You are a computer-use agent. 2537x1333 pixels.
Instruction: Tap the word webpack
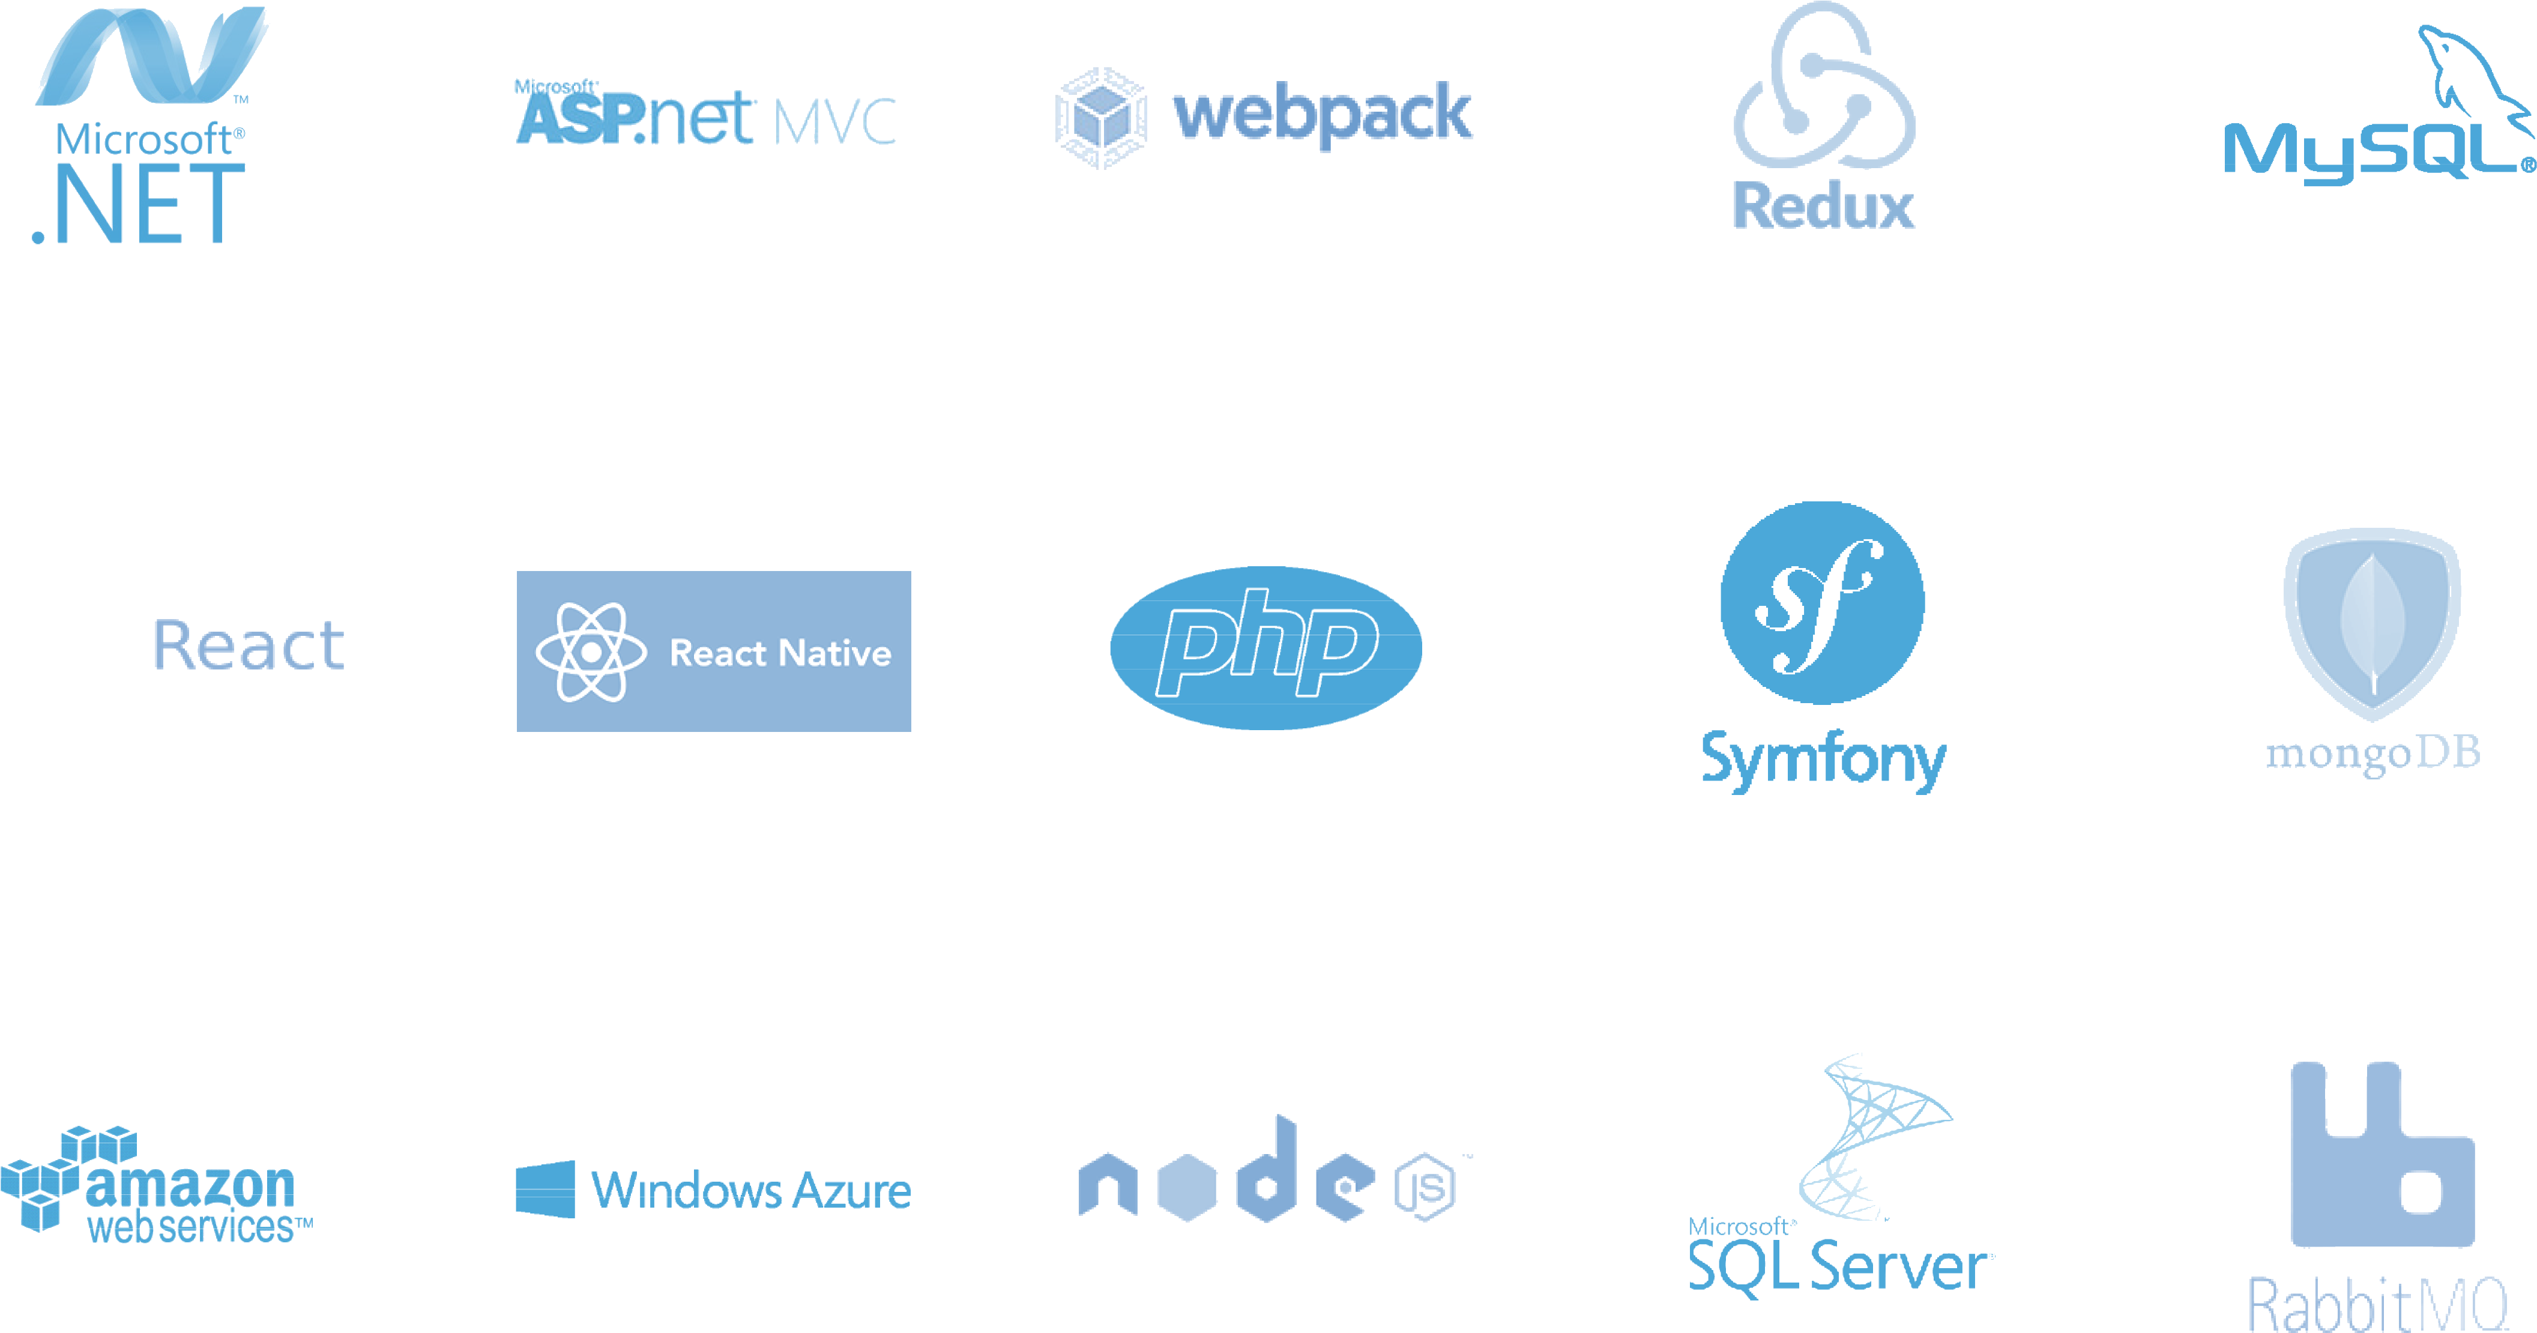[x=1322, y=114]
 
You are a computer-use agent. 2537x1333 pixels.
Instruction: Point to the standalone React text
[x=248, y=646]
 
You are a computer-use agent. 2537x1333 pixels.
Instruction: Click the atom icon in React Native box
[x=591, y=652]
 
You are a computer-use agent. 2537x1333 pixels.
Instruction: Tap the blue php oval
[x=1265, y=647]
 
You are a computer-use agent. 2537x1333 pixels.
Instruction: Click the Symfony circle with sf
[x=1822, y=603]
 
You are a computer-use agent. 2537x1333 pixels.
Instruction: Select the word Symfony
[x=1823, y=761]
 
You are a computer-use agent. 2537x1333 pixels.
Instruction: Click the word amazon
[x=190, y=1185]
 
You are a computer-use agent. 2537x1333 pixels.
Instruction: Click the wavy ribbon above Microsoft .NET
[x=152, y=57]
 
